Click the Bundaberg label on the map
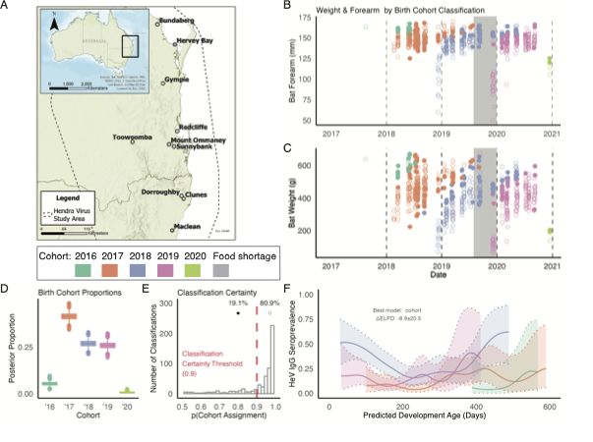click(183, 18)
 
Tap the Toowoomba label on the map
click(133, 137)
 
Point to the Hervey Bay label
click(196, 39)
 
